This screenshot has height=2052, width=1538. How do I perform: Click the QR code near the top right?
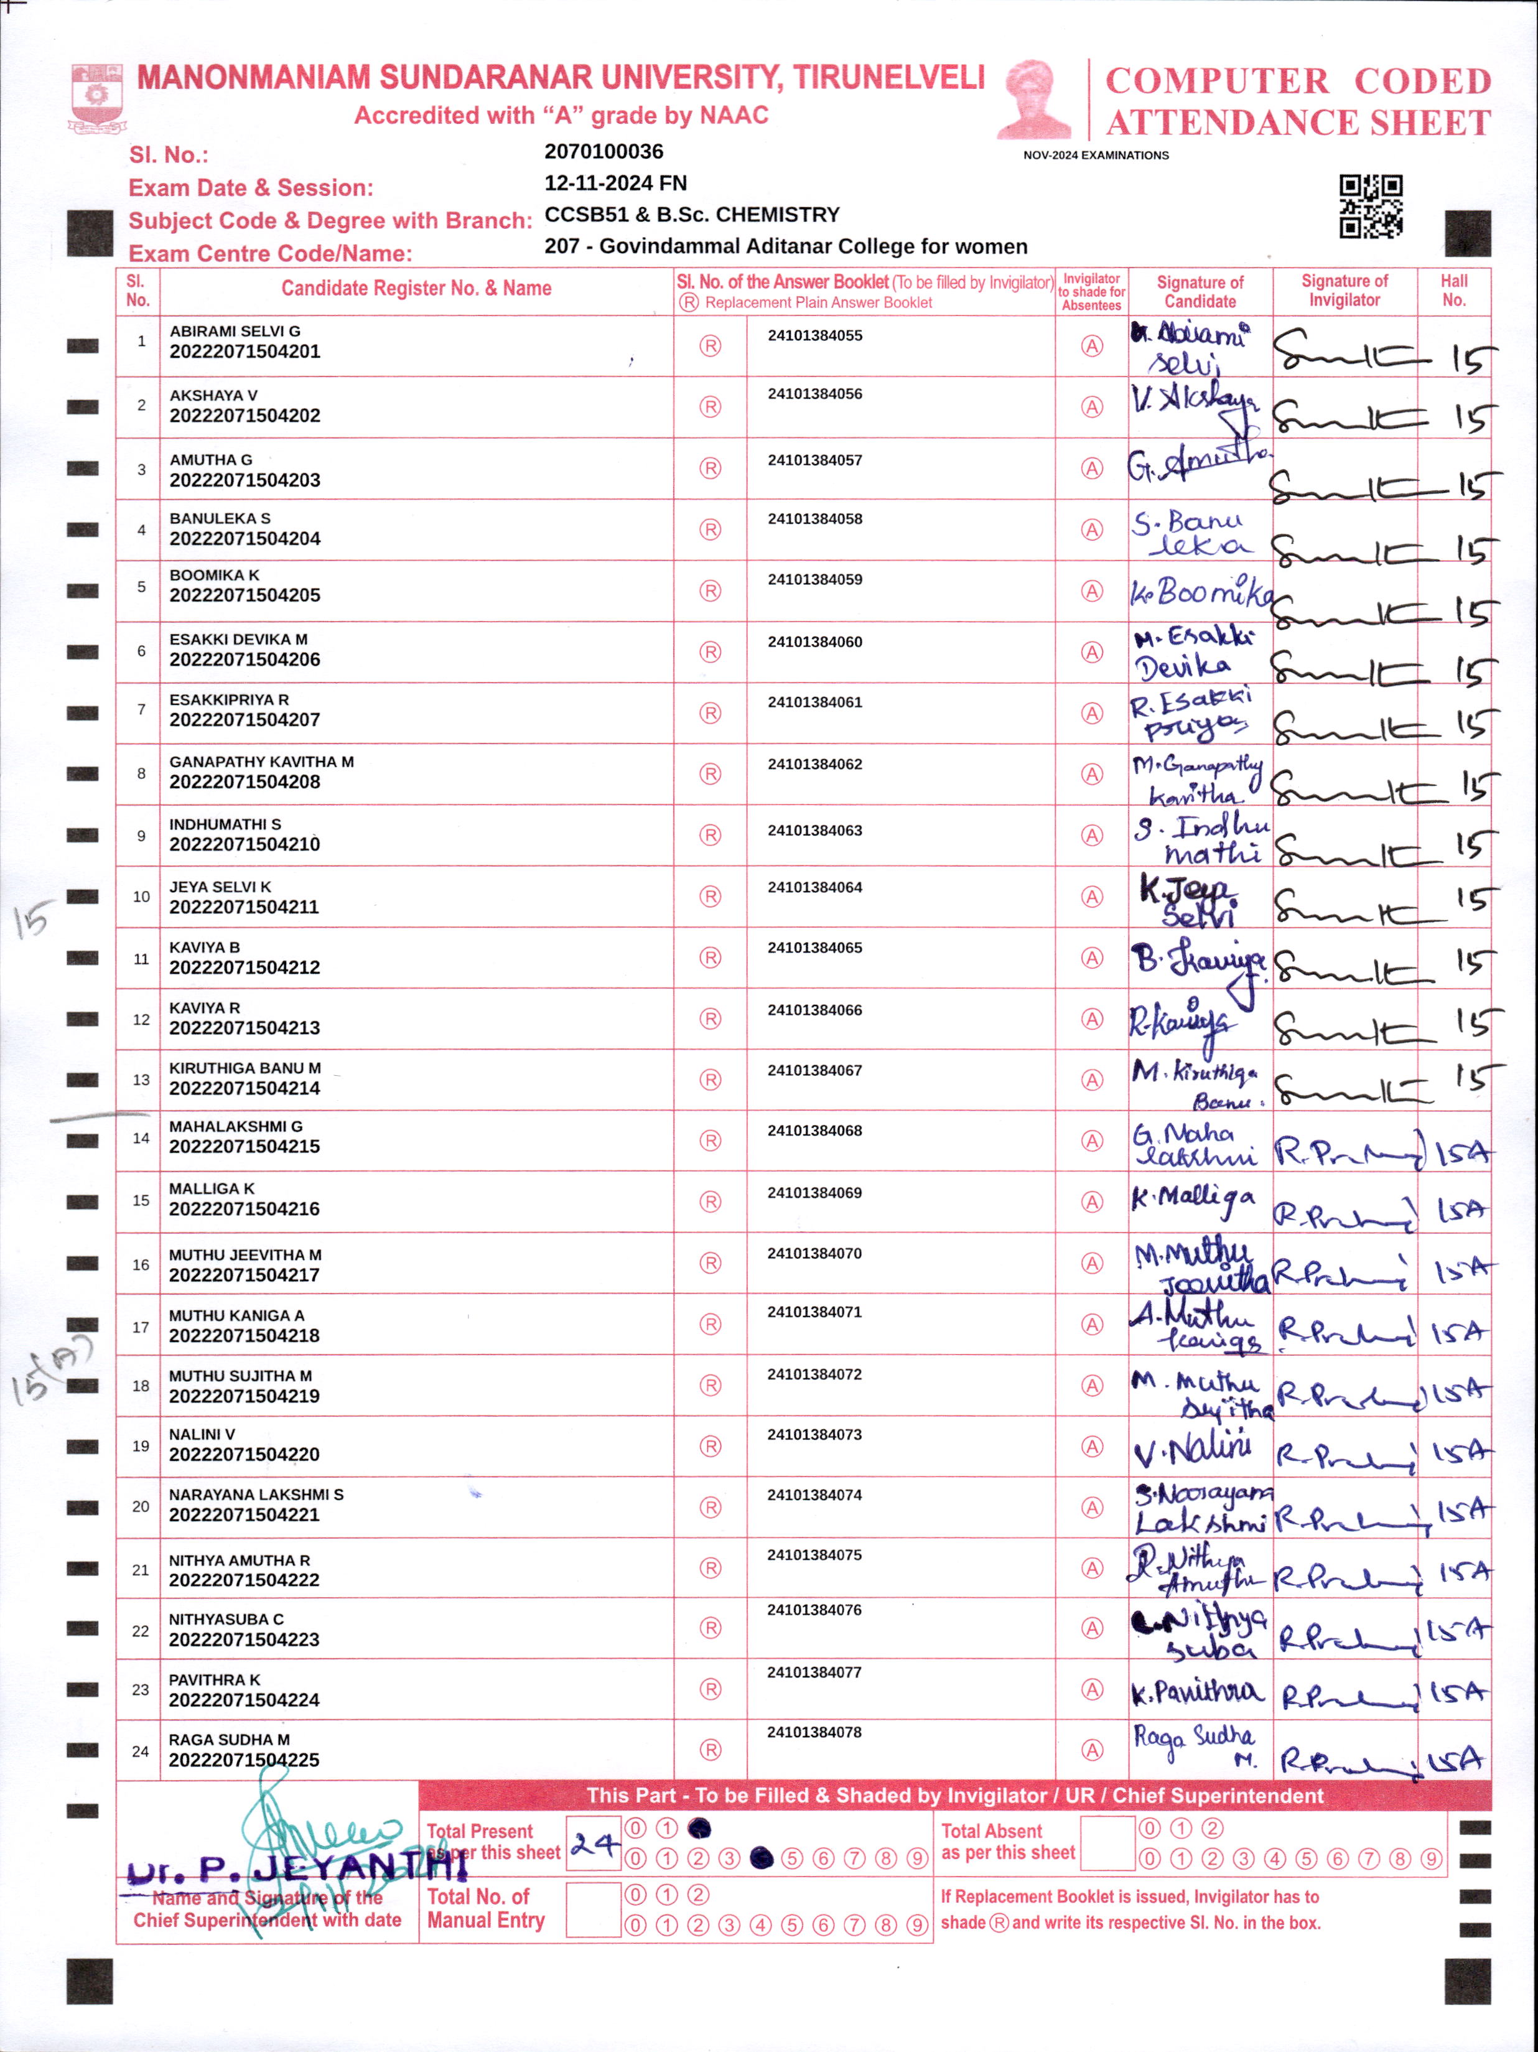click(x=1370, y=206)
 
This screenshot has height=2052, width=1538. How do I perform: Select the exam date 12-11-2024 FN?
click(x=615, y=183)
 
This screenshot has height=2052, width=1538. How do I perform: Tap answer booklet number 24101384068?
click(x=814, y=1131)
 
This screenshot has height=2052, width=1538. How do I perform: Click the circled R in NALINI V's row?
click(x=711, y=1446)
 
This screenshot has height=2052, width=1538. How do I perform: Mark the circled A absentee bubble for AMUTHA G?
click(x=1092, y=469)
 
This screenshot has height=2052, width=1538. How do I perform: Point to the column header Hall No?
click(x=1453, y=291)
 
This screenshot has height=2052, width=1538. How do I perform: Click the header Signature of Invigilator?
click(x=1344, y=291)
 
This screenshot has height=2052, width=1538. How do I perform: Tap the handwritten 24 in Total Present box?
click(x=594, y=1844)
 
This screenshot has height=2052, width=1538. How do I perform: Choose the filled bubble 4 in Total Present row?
click(x=762, y=1858)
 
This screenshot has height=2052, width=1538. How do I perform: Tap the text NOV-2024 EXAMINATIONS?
click(x=1096, y=155)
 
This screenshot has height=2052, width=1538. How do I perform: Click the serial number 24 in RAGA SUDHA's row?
click(x=140, y=1751)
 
